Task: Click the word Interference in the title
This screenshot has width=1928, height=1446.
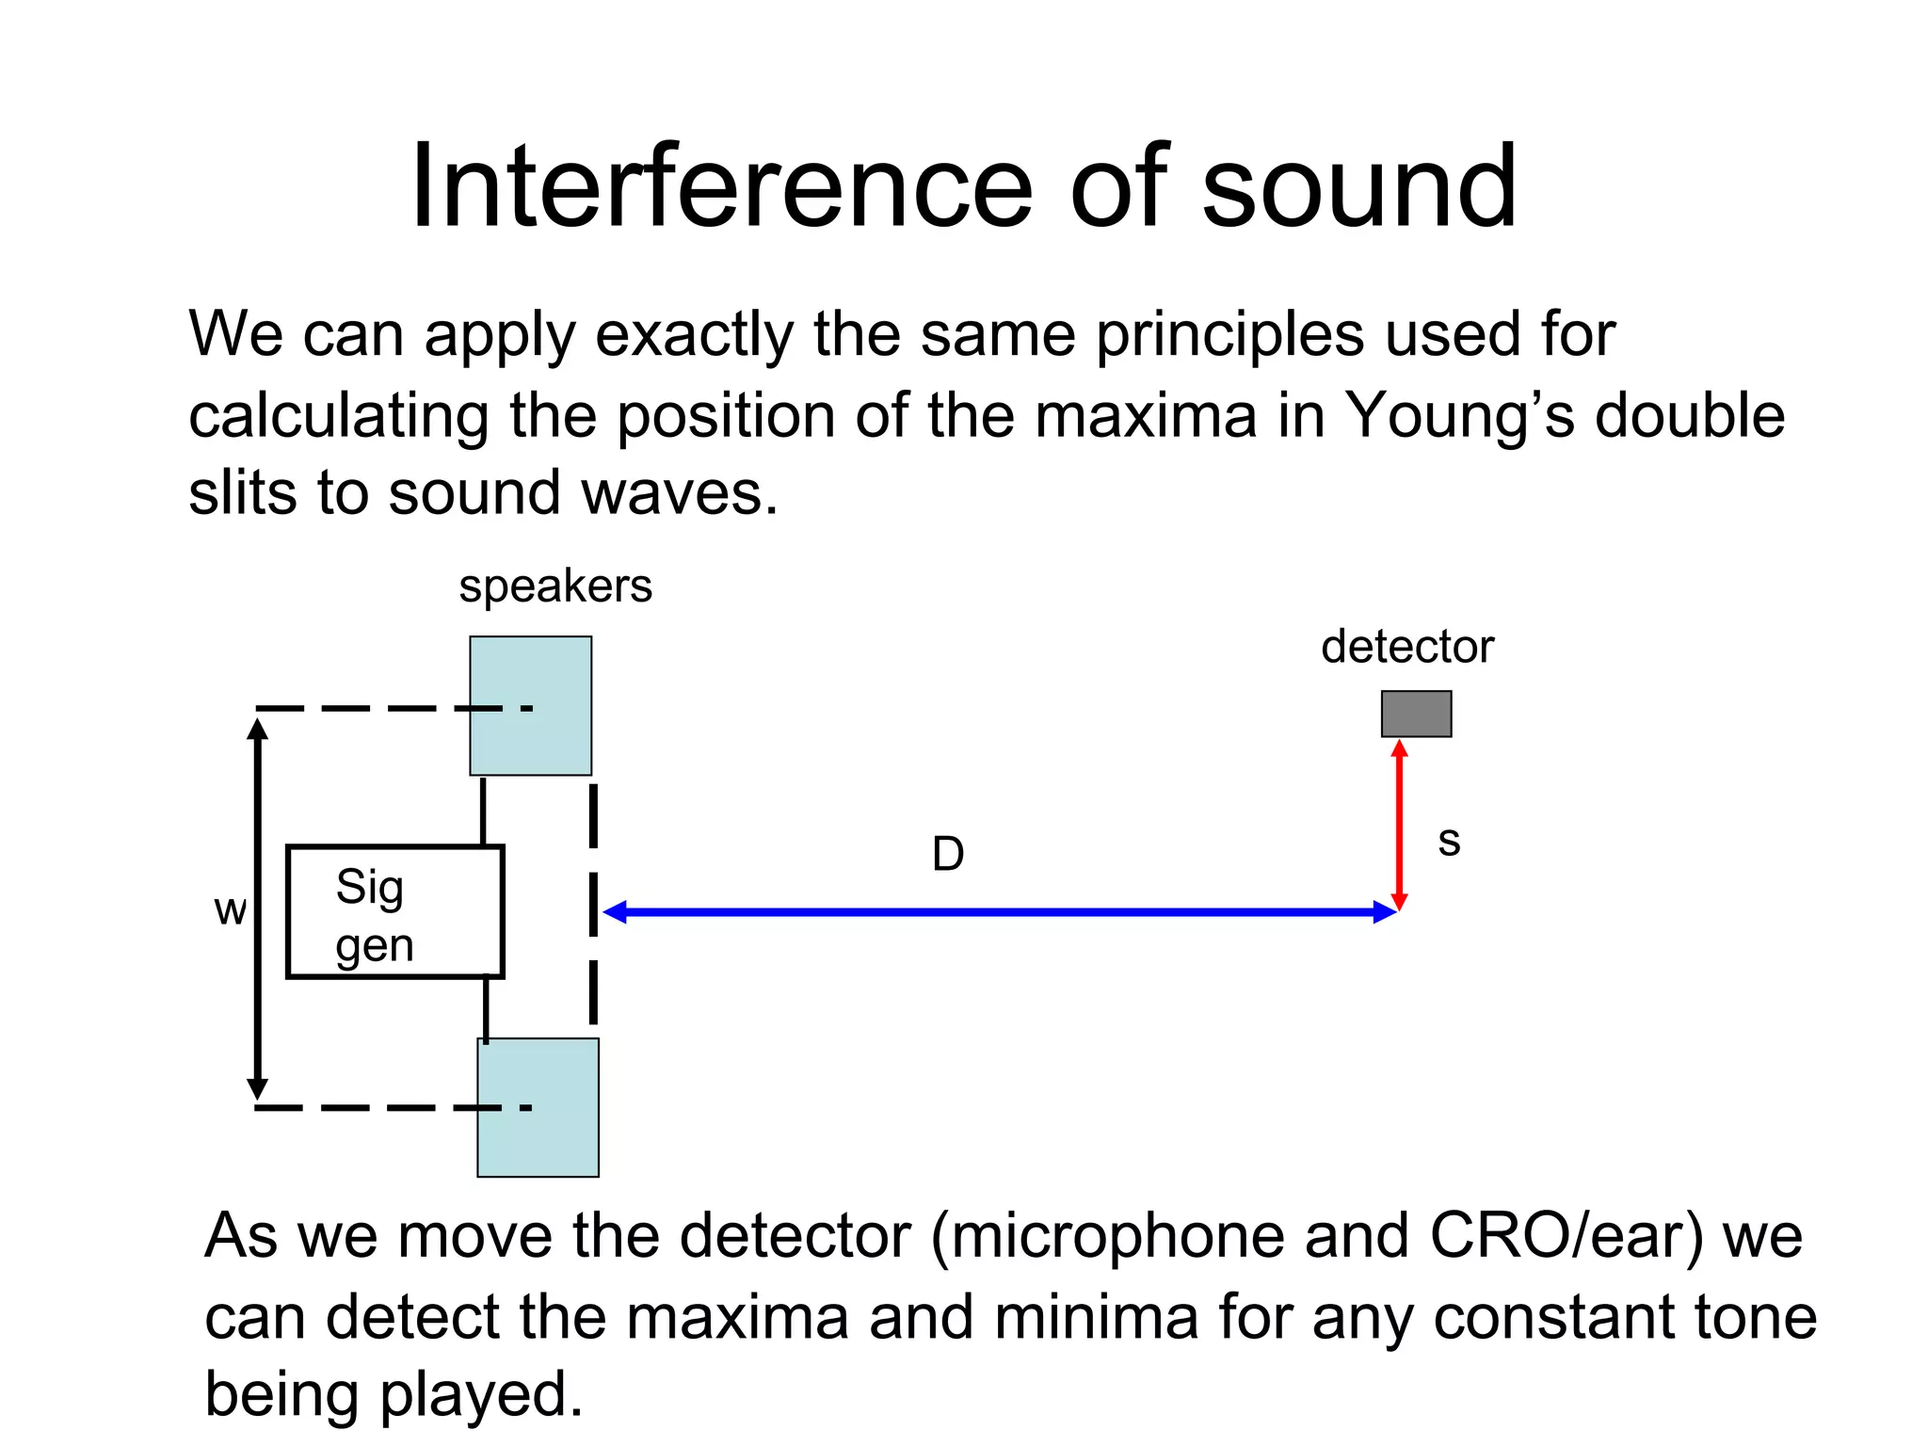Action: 721,185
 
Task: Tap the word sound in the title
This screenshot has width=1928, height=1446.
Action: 1358,185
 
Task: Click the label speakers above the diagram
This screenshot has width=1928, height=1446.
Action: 555,586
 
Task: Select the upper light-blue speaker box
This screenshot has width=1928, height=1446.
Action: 531,706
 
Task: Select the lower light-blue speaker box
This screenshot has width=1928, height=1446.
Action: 538,1107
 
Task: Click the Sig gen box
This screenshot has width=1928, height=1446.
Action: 395,912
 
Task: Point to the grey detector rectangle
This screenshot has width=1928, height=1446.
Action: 1416,714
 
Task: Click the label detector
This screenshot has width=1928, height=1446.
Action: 1406,647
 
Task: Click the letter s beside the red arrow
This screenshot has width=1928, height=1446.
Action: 1449,841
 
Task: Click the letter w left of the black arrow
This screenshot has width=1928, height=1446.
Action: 230,910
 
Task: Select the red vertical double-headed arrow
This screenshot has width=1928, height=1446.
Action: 1399,825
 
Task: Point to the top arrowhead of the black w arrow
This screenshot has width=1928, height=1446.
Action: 257,728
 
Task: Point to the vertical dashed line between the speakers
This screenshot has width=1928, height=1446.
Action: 593,904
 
